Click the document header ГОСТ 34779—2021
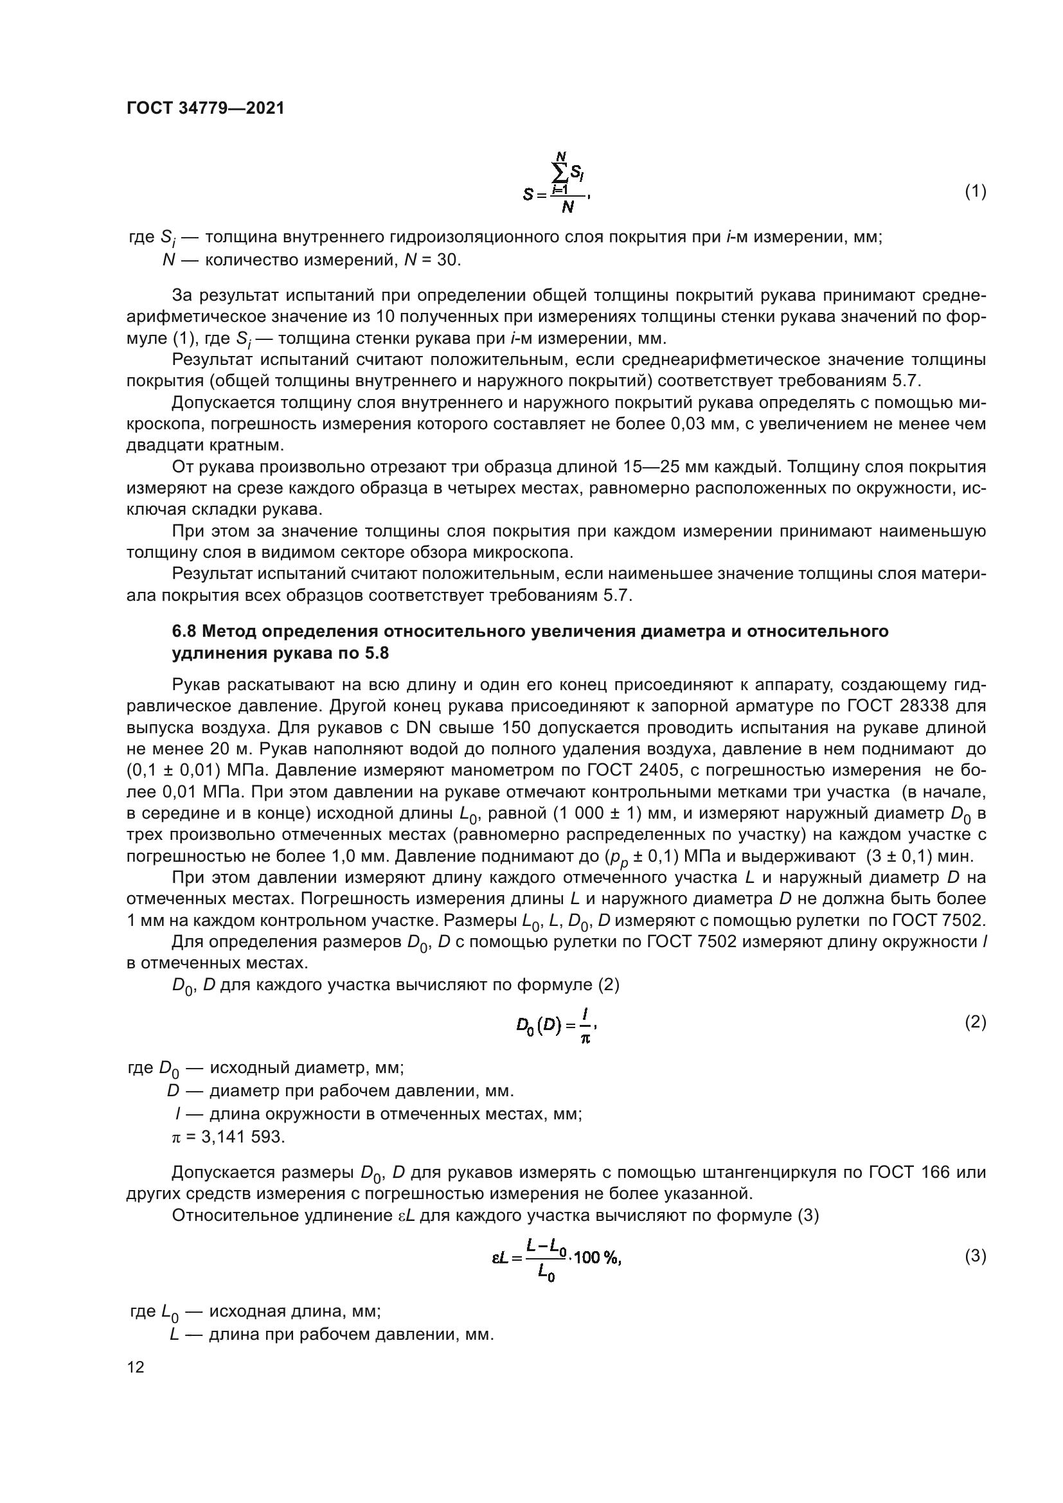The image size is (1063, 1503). tap(206, 109)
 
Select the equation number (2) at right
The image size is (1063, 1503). tap(976, 1022)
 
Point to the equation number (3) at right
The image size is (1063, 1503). tap(976, 1256)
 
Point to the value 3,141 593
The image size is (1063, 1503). tap(243, 1137)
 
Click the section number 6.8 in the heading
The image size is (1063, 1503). tap(184, 632)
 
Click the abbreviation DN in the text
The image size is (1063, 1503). tap(418, 729)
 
